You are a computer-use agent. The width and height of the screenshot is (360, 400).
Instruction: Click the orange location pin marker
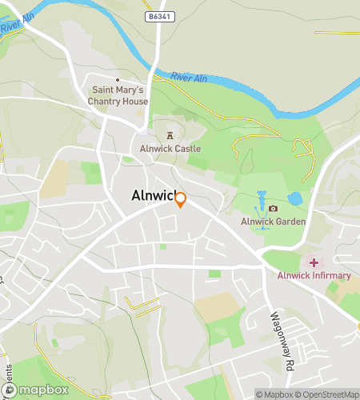pos(181,200)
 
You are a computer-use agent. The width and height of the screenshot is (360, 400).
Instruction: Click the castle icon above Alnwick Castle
pos(169,136)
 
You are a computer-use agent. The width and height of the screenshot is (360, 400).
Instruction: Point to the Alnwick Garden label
pos(274,222)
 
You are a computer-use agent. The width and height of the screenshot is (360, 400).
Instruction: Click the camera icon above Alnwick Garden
pos(274,209)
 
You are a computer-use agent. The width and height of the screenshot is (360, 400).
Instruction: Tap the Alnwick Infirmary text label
pos(314,276)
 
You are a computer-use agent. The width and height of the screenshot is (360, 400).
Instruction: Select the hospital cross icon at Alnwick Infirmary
pos(314,262)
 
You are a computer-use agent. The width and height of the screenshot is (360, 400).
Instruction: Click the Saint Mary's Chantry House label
pos(118,95)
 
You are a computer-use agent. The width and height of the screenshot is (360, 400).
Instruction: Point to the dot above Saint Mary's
pos(118,80)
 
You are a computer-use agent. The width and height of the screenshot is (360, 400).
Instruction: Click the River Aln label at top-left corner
pos(18,22)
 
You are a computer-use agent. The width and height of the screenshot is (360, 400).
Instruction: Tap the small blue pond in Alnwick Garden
pos(294,198)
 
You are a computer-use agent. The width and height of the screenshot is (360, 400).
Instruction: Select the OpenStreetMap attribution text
pos(329,394)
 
